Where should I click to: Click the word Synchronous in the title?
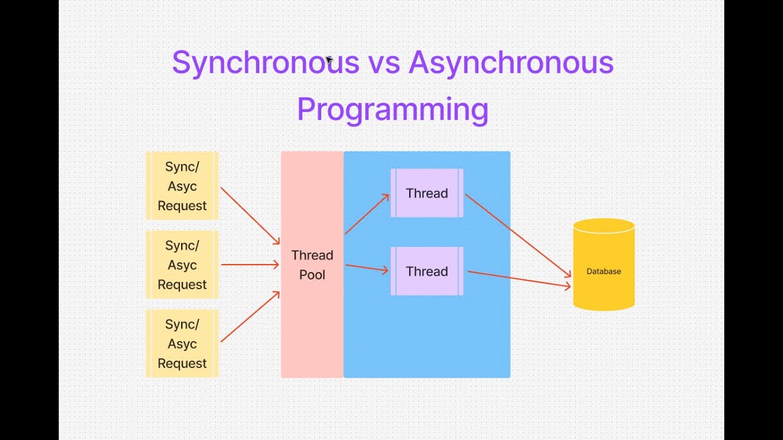point(264,63)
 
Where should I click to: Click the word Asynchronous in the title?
point(511,63)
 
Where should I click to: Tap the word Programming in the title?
point(392,110)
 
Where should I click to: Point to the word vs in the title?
point(383,64)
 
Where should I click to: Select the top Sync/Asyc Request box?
point(182,186)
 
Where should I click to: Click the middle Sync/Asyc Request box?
point(182,265)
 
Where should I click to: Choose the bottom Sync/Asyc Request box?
point(182,343)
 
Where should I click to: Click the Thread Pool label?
point(312,265)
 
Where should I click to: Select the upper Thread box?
point(427,193)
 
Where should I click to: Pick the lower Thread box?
point(427,271)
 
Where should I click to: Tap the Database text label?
point(603,271)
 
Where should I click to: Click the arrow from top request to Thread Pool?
point(250,216)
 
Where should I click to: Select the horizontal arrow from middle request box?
point(250,265)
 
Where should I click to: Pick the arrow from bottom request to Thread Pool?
point(250,317)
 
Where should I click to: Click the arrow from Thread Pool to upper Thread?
point(367,214)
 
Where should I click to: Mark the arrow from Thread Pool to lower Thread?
point(367,268)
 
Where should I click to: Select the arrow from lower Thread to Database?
point(519,279)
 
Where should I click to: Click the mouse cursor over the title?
point(328,60)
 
